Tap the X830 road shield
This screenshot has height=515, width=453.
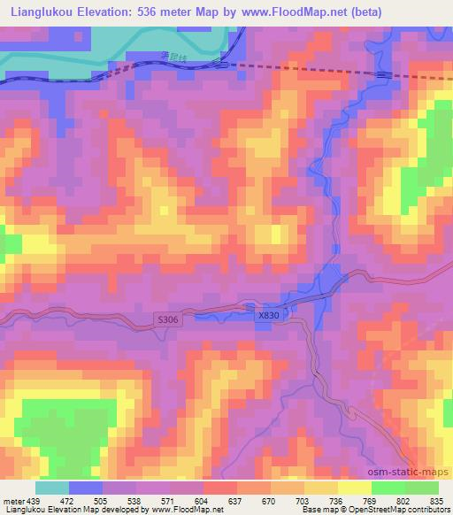[x=269, y=315]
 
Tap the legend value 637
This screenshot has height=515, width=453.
[x=234, y=501]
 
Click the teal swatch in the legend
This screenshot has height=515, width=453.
[x=53, y=488]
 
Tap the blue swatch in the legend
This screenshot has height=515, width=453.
[x=86, y=488]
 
